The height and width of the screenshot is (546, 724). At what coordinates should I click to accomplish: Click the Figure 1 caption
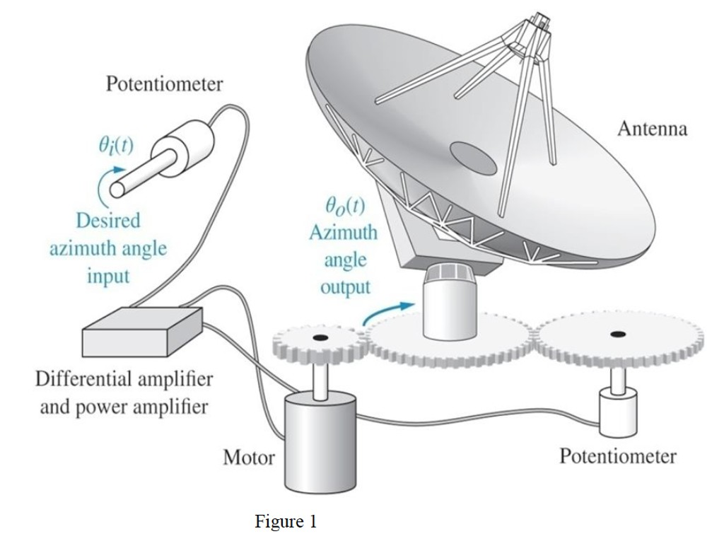point(286,522)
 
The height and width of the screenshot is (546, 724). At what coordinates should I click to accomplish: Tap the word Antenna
point(652,129)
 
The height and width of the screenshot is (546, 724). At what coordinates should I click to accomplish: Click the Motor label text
point(249,458)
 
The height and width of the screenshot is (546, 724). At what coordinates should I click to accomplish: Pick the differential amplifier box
point(141,332)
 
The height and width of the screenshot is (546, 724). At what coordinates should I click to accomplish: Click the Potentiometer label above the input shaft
point(164,85)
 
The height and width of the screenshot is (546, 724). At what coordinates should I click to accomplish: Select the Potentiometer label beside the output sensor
point(617,455)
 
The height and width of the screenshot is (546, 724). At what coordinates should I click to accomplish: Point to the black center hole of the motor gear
point(319,339)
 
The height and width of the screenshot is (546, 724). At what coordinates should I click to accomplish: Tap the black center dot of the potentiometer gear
point(619,334)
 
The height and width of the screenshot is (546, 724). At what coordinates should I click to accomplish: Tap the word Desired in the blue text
point(108,221)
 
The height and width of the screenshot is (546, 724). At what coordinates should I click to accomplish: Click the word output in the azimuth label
point(344,286)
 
